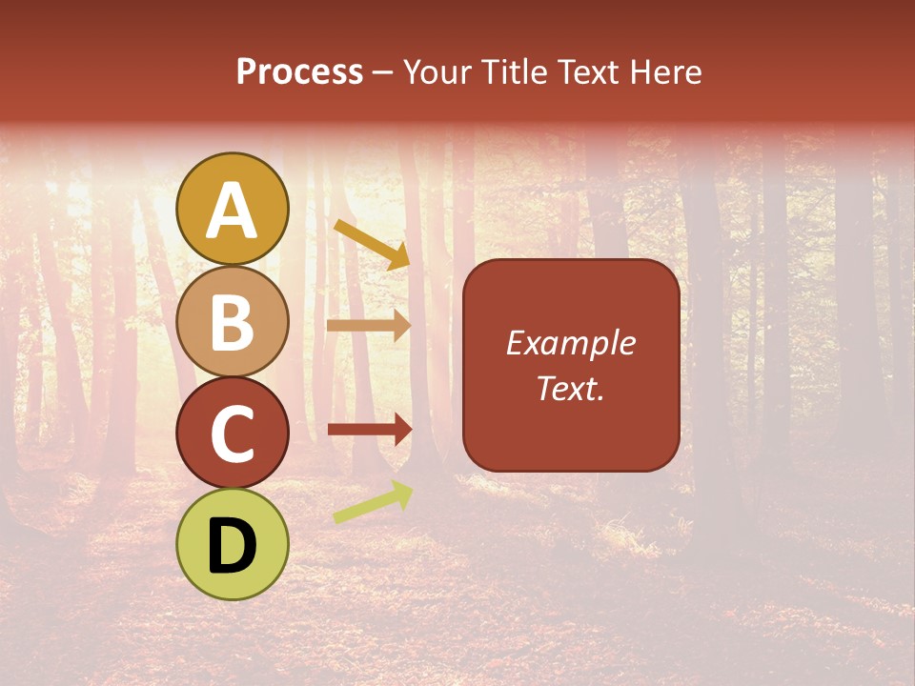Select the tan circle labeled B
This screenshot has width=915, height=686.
(x=233, y=322)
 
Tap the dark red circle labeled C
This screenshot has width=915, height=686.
(x=233, y=434)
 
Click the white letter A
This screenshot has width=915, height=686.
(x=233, y=210)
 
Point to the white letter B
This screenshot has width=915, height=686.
(x=233, y=322)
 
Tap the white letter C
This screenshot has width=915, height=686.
(x=233, y=434)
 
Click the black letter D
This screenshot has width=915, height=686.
(x=233, y=546)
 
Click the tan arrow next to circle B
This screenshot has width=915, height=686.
(x=368, y=325)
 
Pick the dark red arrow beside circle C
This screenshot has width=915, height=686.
(x=368, y=430)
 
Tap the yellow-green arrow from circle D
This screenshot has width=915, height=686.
(x=373, y=502)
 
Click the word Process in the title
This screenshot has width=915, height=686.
(x=299, y=72)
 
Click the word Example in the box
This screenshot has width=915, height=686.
(x=570, y=343)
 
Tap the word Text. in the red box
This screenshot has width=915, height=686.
(x=570, y=388)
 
